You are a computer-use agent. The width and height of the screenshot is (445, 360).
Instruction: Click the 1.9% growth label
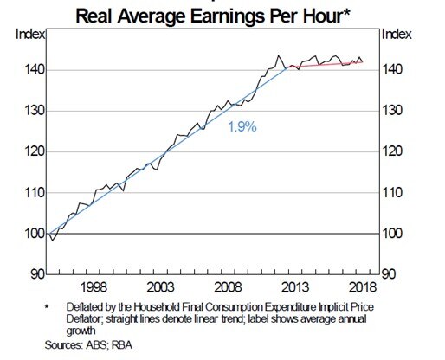click(242, 127)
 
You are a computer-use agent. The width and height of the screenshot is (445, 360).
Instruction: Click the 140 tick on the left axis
click(27, 70)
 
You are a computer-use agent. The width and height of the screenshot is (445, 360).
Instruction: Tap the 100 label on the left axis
click(27, 234)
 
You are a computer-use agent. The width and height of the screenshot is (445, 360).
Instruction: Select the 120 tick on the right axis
click(395, 152)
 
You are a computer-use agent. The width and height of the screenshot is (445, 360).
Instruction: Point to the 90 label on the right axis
click(392, 274)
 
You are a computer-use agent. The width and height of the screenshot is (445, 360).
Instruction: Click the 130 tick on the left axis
click(27, 111)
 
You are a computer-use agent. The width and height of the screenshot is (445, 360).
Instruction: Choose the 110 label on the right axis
click(395, 193)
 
